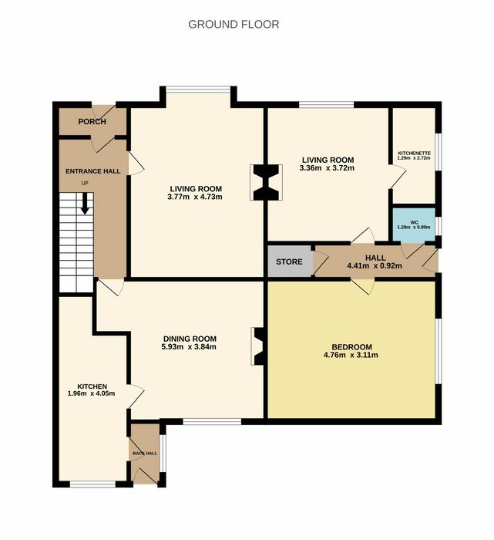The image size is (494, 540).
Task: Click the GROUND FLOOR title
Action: [234, 25]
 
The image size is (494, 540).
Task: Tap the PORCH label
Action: [92, 122]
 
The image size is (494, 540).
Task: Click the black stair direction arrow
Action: [85, 204]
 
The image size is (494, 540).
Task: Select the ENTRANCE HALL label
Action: [93, 171]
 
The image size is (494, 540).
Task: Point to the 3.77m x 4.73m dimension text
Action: [195, 197]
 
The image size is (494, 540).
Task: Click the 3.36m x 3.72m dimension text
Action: [327, 168]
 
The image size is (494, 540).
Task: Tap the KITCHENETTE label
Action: [414, 154]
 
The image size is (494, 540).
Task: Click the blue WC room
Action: [414, 224]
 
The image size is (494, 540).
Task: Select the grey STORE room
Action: [289, 261]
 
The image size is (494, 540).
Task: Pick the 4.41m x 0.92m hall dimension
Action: [375, 266]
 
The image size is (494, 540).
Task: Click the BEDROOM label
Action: [351, 347]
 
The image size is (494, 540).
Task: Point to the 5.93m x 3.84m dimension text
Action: [189, 347]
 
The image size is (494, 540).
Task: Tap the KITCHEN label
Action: [92, 386]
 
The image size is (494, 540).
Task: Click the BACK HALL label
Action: [145, 454]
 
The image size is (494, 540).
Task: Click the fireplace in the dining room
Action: [258, 346]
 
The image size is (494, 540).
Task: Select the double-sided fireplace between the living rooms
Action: [266, 183]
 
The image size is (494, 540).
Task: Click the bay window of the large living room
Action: [198, 90]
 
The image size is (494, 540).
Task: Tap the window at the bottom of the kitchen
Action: [92, 484]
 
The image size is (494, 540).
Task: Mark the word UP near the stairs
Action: [85, 184]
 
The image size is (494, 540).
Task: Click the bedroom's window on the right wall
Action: [439, 351]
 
